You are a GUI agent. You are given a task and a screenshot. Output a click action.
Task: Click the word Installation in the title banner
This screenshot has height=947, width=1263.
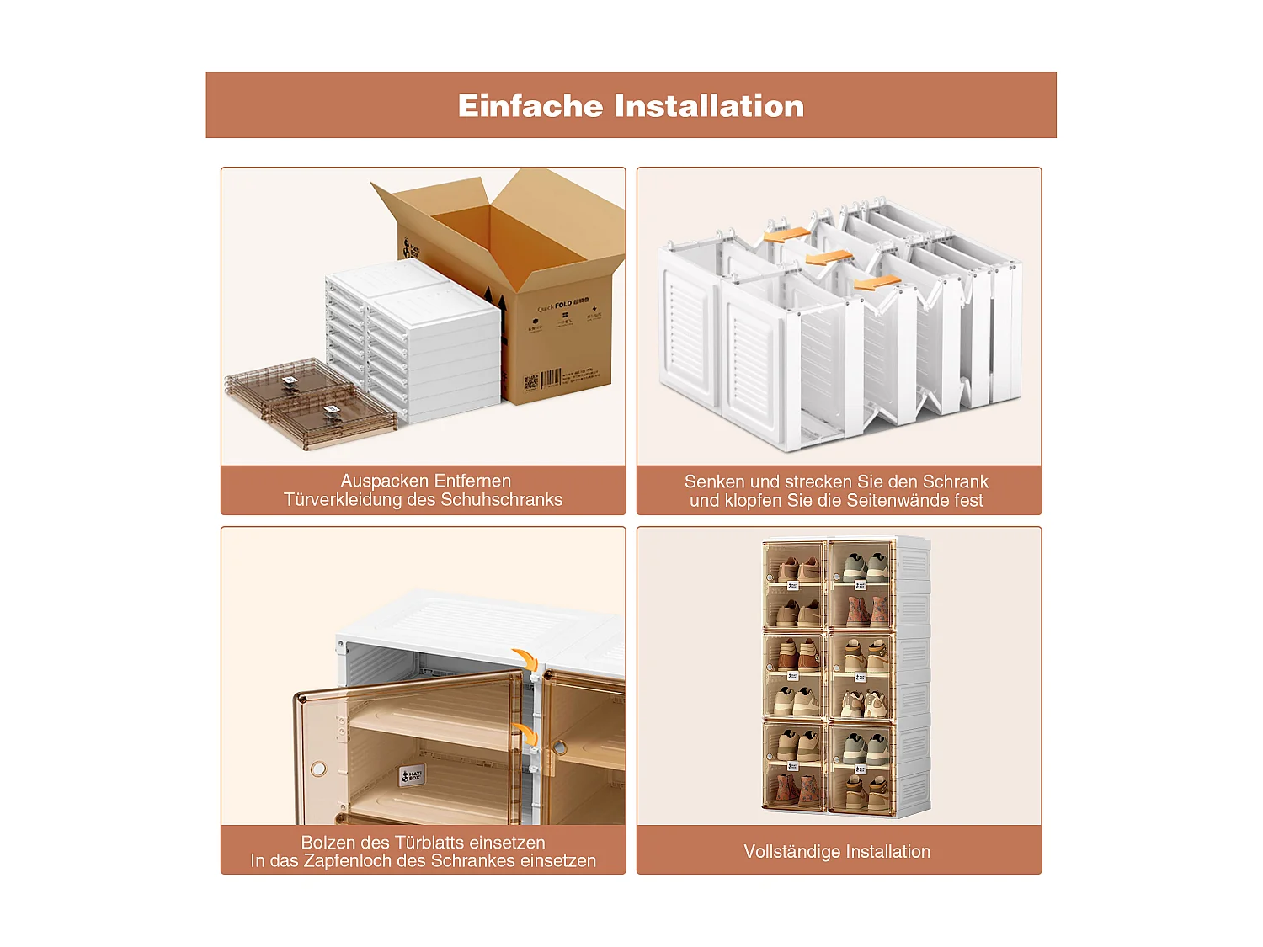(x=709, y=106)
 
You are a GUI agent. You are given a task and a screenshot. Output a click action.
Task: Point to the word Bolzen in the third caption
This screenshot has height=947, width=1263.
(x=328, y=843)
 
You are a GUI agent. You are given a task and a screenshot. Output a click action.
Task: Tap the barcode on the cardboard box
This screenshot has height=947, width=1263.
(x=551, y=378)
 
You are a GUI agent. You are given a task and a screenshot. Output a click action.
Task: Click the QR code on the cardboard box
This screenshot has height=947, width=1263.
(x=530, y=384)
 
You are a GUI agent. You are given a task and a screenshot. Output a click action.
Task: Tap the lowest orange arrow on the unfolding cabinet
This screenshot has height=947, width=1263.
(x=877, y=284)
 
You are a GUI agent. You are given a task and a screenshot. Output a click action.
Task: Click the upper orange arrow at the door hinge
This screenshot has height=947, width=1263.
(x=525, y=658)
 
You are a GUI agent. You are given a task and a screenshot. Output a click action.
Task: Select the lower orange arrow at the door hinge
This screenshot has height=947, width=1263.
(x=525, y=732)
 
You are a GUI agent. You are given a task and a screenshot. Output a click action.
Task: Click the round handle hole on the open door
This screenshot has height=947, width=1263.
(x=318, y=769)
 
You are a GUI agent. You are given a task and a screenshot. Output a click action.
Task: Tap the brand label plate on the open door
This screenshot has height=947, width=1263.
(x=412, y=775)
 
